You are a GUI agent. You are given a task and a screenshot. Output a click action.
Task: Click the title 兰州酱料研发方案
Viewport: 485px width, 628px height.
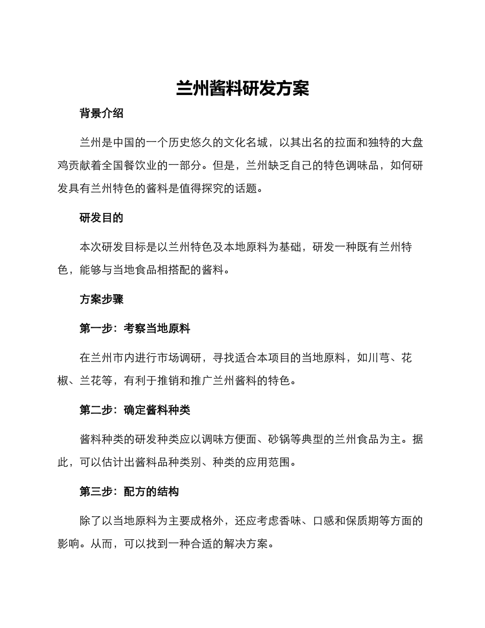click(x=243, y=88)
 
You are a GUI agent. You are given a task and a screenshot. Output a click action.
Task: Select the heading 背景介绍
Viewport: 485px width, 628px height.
click(x=102, y=114)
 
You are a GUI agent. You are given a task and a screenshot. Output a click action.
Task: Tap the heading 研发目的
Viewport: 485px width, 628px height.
click(x=102, y=218)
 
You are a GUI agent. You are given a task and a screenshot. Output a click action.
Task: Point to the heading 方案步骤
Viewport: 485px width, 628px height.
click(x=102, y=300)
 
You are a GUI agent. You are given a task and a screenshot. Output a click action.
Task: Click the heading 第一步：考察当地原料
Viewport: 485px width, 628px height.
click(x=135, y=329)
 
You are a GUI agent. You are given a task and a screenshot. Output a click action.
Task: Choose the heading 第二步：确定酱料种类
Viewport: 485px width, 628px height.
click(x=135, y=410)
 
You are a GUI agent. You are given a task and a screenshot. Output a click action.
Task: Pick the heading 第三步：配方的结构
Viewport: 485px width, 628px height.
click(x=129, y=492)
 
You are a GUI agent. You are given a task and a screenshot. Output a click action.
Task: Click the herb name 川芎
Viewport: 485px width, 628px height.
click(x=378, y=358)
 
